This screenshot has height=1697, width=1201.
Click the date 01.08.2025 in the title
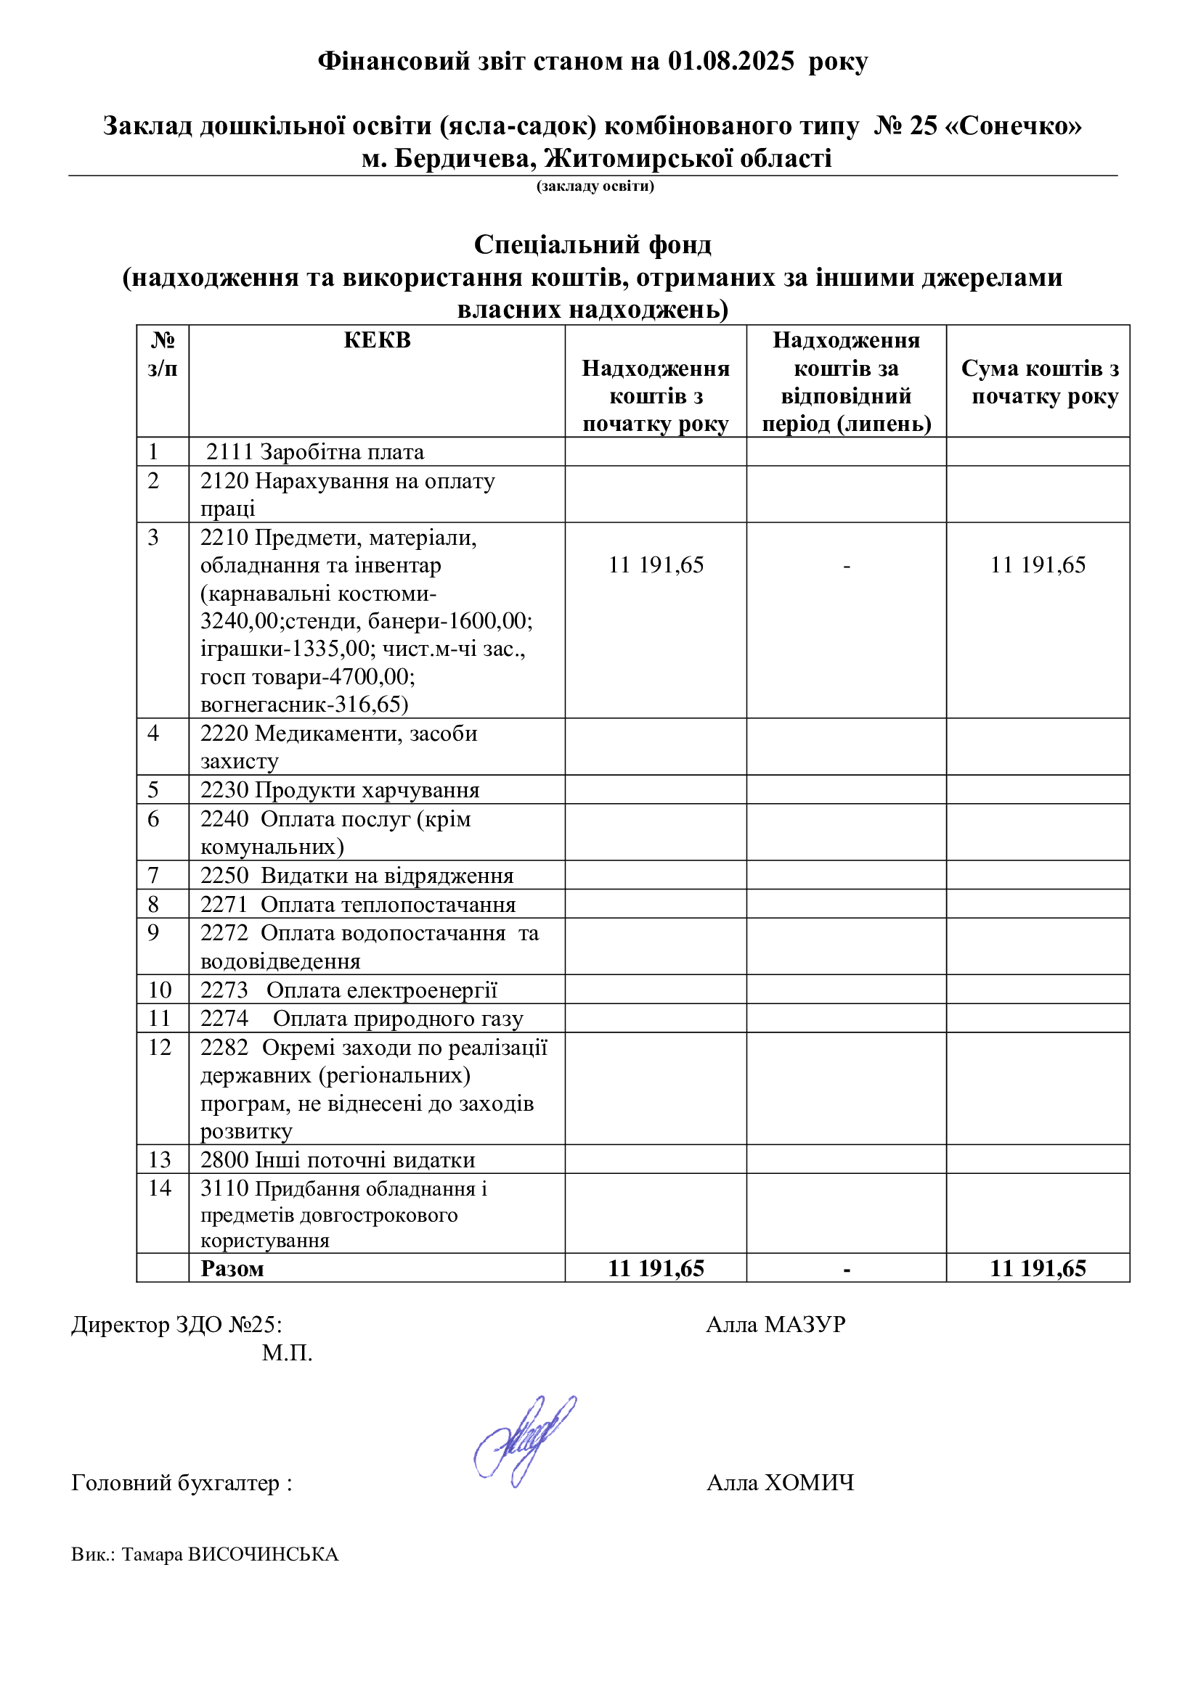click(x=730, y=62)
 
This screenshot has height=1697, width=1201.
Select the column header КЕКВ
click(x=377, y=341)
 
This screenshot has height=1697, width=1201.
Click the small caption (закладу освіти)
click(x=595, y=186)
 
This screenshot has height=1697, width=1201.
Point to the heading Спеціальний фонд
click(x=593, y=245)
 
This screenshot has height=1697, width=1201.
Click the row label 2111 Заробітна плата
click(x=314, y=452)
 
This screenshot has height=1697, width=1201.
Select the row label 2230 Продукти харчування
click(x=340, y=790)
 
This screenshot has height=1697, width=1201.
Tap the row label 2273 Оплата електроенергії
click(x=349, y=990)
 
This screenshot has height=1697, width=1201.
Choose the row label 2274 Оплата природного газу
click(x=362, y=1019)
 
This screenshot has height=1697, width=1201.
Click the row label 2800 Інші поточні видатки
click(x=338, y=1159)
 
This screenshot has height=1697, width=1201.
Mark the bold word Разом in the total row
click(x=232, y=1269)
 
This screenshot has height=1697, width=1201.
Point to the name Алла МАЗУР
click(x=775, y=1325)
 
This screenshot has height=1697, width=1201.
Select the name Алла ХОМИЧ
click(x=780, y=1483)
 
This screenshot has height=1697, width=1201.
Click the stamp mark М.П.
click(x=287, y=1353)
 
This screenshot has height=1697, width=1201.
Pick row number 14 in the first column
click(x=160, y=1188)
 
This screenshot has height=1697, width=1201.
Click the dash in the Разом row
click(x=846, y=1270)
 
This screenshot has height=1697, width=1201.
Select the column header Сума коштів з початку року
click(x=1039, y=382)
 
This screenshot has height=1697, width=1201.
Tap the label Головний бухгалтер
click(x=176, y=1483)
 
